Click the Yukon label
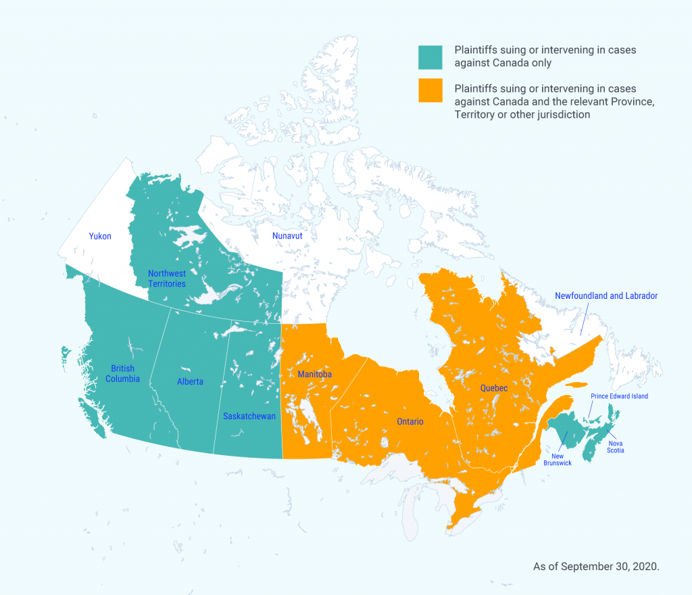[x=100, y=236]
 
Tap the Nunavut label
[x=287, y=236]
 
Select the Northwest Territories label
[x=167, y=279]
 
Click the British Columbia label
[x=122, y=373]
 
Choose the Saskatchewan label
[x=249, y=416]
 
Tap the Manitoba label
[x=314, y=374]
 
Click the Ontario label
[x=410, y=421]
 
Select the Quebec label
[x=493, y=388]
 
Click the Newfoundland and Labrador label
[x=605, y=296]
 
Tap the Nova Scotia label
[x=615, y=447]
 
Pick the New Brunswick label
[x=558, y=460]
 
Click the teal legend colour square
[x=430, y=57]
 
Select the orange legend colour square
[x=430, y=90]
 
